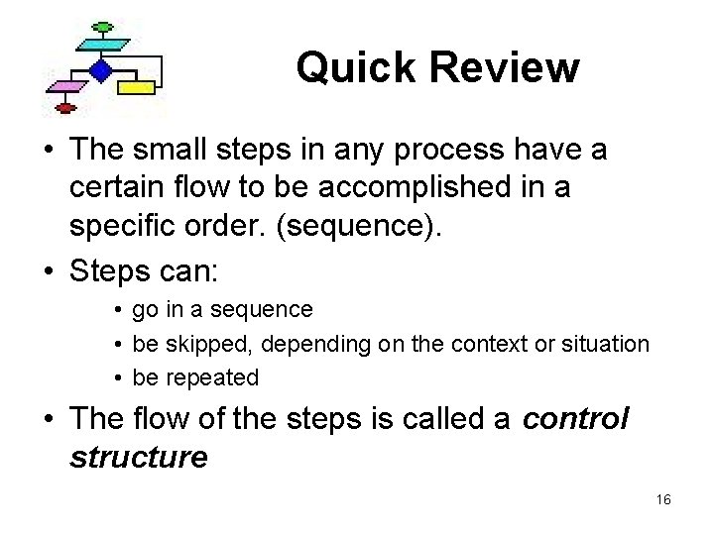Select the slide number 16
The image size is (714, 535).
[x=663, y=500]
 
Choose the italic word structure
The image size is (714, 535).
[x=139, y=457]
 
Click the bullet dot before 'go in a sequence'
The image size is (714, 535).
[x=117, y=310]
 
